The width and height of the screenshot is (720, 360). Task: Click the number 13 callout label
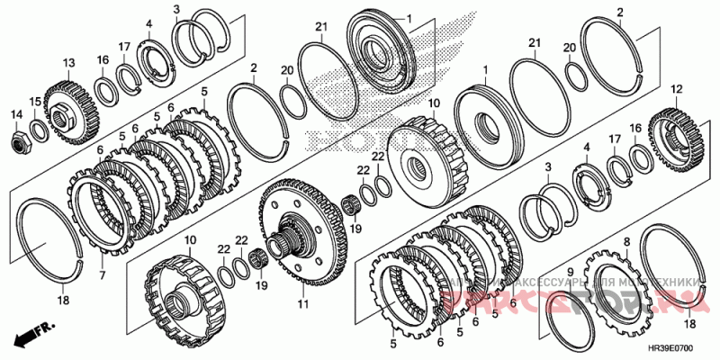click(x=67, y=62)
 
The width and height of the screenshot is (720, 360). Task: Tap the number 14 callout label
click(x=16, y=113)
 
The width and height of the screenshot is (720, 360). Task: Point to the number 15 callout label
click(x=35, y=102)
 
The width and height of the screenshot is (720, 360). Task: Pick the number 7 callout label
click(x=102, y=274)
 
